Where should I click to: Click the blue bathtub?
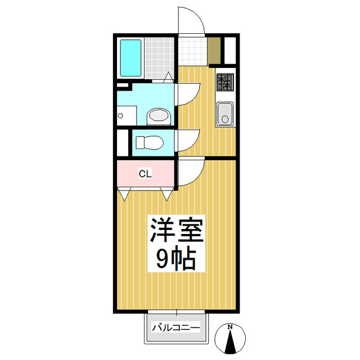(130, 58)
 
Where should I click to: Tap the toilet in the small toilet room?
(149, 142)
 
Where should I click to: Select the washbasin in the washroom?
(159, 116)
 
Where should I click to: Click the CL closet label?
(145, 174)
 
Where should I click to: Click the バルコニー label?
(177, 327)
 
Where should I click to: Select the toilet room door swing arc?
(188, 139)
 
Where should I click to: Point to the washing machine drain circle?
(120, 116)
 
